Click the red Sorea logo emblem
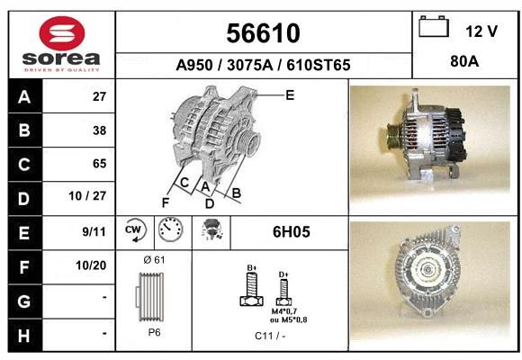(62, 33)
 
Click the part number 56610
(264, 33)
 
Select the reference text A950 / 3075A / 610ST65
(263, 65)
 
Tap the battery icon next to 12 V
(434, 26)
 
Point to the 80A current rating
(464, 61)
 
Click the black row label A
(25, 96)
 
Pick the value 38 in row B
(100, 130)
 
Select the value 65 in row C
(100, 164)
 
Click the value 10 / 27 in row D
(87, 196)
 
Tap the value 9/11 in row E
(94, 231)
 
